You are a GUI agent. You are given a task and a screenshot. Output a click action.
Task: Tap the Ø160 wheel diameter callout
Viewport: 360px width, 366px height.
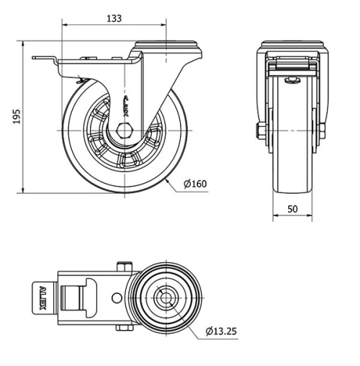(x=195, y=184)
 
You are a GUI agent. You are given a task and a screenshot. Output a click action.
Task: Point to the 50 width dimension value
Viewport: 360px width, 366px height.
(x=292, y=208)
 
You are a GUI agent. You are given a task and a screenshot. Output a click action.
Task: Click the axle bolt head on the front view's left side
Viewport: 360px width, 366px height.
(x=259, y=130)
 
